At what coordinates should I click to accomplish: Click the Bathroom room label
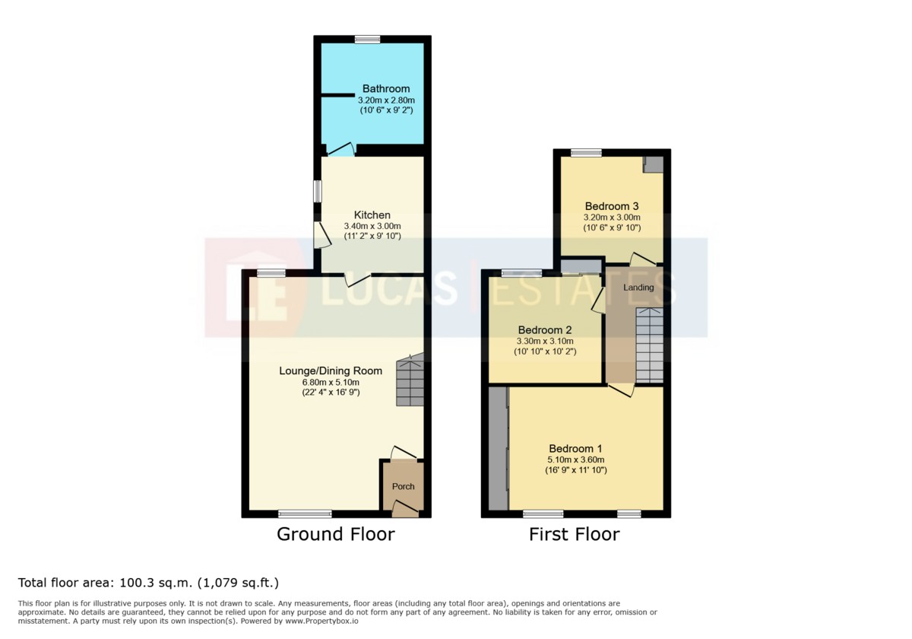pos(386,89)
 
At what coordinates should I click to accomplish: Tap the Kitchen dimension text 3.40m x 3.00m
pos(372,226)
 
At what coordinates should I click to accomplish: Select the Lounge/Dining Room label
pos(331,371)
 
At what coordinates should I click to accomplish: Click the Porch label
pos(403,486)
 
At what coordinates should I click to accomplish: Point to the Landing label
pos(638,288)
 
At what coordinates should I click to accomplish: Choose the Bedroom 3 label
pos(612,206)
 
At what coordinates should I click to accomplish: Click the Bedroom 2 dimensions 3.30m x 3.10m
pos(545,341)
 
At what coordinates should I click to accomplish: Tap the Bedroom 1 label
pos(576,449)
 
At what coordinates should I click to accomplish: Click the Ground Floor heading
pos(336,534)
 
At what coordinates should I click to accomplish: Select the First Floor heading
pos(574,534)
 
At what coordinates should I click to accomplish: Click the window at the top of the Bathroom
pos(367,40)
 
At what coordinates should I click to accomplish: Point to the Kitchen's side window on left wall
pos(318,191)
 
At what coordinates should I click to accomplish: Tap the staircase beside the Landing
pos(650,345)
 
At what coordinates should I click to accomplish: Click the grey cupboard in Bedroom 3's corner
pos(653,164)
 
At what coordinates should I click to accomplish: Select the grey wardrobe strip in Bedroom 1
pos(499,448)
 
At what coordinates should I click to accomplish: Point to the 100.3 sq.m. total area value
pos(155,583)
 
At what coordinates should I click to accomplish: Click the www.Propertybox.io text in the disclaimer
pos(321,621)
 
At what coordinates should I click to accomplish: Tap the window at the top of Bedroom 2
pos(521,273)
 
